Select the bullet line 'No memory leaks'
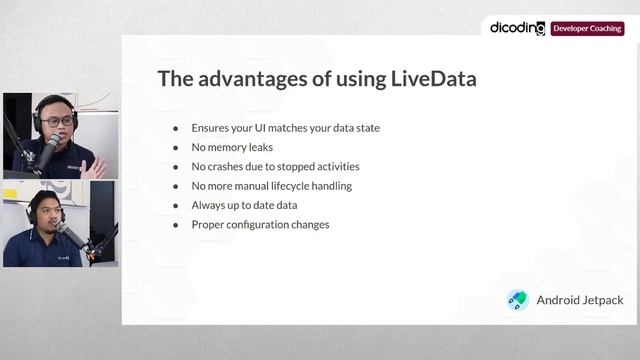(x=231, y=147)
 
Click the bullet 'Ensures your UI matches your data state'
(x=285, y=128)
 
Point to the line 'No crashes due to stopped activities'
(x=275, y=166)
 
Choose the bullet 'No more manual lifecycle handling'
(x=271, y=186)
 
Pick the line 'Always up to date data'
(x=244, y=205)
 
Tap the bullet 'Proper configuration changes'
(x=260, y=224)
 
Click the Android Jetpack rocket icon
(x=518, y=300)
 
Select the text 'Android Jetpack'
(x=578, y=300)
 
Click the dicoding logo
(x=517, y=28)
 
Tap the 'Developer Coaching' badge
(x=587, y=29)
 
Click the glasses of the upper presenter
(x=58, y=121)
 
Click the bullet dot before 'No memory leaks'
(x=176, y=147)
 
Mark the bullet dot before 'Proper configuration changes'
(x=176, y=224)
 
